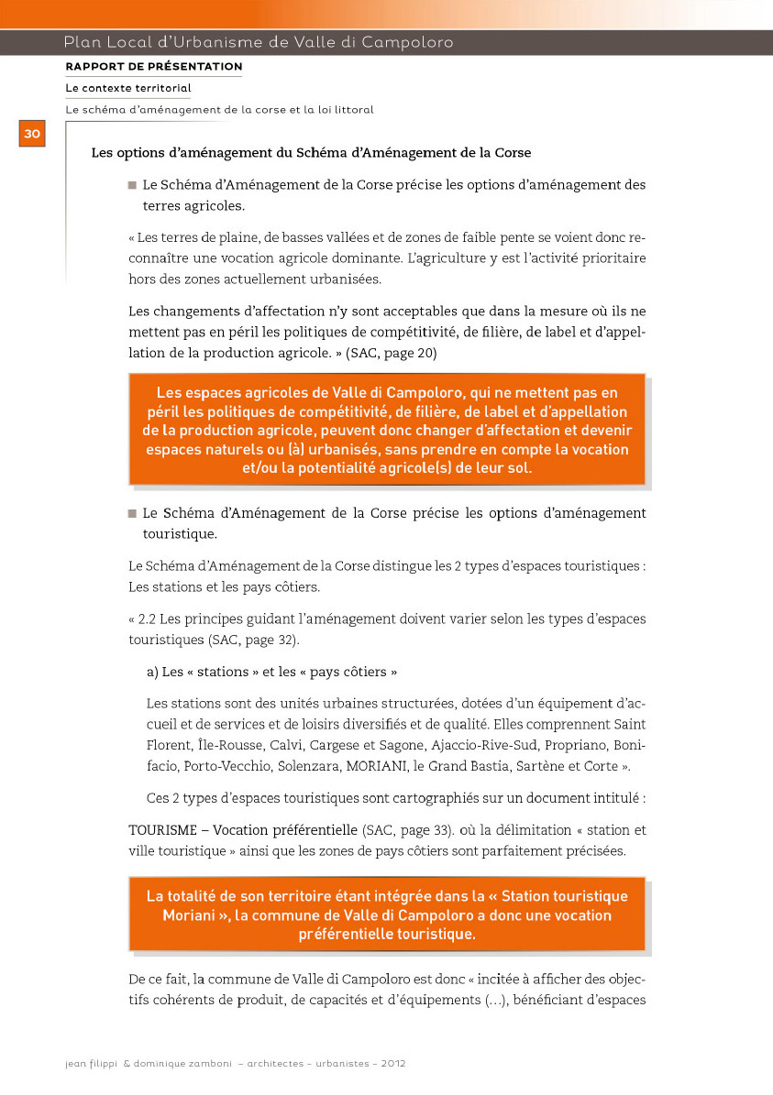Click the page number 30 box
(31, 134)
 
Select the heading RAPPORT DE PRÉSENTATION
(154, 67)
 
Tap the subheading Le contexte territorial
(128, 88)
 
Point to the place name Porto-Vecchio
(221, 766)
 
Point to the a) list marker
(151, 672)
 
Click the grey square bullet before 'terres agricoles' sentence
(132, 186)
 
